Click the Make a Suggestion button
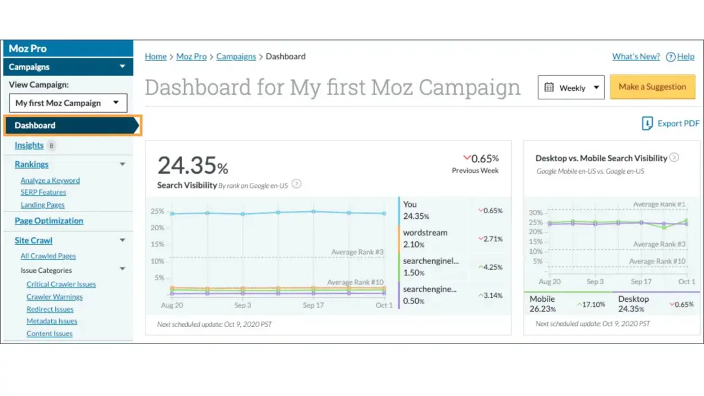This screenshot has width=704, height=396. [652, 87]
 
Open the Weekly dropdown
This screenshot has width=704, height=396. [571, 87]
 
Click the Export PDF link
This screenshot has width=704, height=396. [671, 124]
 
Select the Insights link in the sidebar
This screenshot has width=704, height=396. [29, 146]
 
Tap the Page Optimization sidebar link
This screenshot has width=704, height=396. [49, 221]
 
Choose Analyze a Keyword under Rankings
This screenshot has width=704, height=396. [50, 181]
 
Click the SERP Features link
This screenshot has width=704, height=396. [43, 192]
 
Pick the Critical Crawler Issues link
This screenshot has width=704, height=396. [61, 284]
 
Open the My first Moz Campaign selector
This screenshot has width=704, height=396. [68, 103]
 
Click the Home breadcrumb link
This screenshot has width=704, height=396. [156, 56]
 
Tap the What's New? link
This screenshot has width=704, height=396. [636, 56]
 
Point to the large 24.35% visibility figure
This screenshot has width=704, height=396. [192, 166]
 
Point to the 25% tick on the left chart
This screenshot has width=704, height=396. [157, 212]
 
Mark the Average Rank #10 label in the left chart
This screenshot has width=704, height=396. [355, 282]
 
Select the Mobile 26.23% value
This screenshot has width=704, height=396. [543, 304]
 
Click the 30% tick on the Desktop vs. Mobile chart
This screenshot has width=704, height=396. [535, 213]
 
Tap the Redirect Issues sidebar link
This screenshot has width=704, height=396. [50, 309]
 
